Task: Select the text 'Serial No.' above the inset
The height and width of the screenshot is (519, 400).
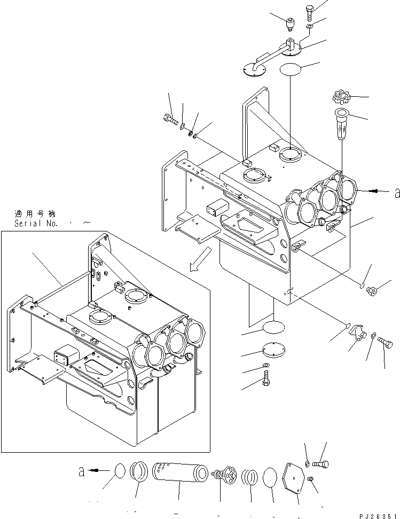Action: (x=36, y=223)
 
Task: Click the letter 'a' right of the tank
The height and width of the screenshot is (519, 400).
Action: (x=396, y=193)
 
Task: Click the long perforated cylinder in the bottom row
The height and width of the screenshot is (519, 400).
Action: (x=179, y=472)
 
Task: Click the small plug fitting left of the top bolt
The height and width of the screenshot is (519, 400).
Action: (x=291, y=24)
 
